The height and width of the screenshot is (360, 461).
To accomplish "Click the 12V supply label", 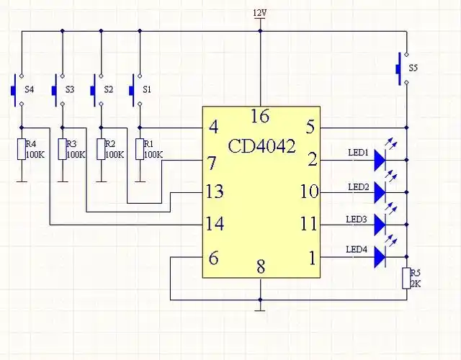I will coord(259,13).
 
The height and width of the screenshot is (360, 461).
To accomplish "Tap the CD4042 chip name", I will coord(261,146).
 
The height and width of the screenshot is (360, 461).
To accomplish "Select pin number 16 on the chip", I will coord(259,116).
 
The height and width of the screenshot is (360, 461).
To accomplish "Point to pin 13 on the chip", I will coord(215,192).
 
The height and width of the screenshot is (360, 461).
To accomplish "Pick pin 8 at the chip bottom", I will coord(261,267).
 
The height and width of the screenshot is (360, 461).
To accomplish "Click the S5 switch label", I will coord(413,68).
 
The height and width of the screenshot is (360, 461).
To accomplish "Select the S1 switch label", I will coord(147,89).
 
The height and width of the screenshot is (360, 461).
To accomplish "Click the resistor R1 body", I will coord(139,149).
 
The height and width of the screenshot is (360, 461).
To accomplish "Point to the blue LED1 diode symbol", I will coord(380,161).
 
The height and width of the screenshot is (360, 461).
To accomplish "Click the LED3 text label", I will coord(357,218).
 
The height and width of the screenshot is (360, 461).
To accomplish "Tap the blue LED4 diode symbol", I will coord(380,257).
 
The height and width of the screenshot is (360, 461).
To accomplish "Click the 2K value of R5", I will coord(416,284).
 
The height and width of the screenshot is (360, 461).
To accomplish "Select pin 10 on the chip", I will coord(310,192).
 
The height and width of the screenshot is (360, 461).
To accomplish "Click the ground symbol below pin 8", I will coord(260,310).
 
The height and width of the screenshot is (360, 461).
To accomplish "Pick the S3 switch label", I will coord(69,89).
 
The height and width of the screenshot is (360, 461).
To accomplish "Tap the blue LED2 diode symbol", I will coord(380,193).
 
